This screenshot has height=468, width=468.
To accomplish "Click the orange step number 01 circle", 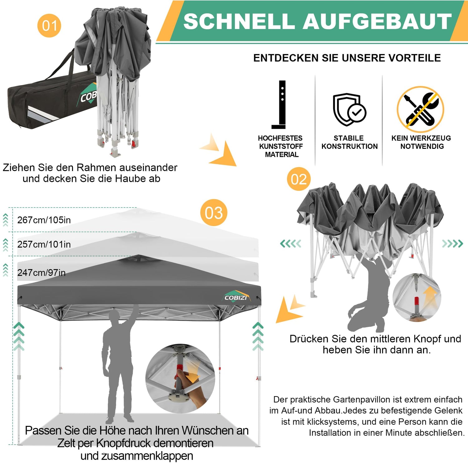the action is tap(49, 25).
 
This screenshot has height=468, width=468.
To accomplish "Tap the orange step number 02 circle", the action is tap(299, 179).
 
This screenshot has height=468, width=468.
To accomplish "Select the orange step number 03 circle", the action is tap(214, 213).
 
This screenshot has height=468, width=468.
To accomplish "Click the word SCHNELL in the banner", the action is tap(239, 21).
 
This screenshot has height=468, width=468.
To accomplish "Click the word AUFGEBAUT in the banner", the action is tap(377, 21).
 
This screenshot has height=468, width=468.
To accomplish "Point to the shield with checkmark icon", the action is tap(349, 109).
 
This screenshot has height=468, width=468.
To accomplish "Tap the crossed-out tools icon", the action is tap(421, 109).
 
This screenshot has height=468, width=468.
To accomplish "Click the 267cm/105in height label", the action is tap(44, 220).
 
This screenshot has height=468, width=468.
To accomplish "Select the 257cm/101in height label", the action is tap(44, 244).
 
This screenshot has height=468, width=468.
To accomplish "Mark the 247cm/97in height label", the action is tap(41, 273).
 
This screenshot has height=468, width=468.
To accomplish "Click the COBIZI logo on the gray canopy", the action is tap(236, 297).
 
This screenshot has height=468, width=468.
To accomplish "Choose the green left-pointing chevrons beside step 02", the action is tap(291, 244).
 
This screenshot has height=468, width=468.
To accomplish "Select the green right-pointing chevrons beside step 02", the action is tap(452, 244).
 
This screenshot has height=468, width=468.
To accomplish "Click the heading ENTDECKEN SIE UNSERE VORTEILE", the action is tap(347, 58).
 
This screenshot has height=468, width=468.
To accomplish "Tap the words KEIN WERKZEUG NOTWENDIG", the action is tap(421, 142).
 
